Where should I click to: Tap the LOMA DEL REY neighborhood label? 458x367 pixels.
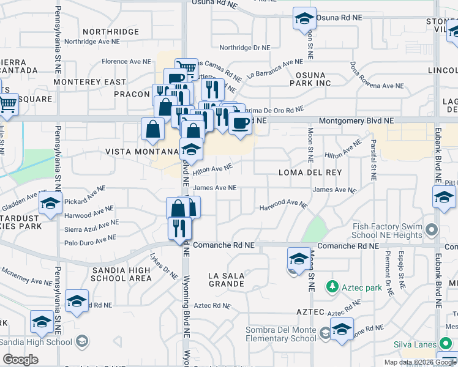309,173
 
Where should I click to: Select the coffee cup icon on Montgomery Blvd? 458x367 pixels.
239,122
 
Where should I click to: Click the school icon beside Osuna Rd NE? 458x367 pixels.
304,19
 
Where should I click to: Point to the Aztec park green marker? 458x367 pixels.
332,286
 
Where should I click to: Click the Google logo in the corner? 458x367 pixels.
21,360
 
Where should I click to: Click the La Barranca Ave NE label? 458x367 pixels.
275,69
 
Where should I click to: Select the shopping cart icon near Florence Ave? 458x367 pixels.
186,67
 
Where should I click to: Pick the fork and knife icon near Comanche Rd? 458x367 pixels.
179,228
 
